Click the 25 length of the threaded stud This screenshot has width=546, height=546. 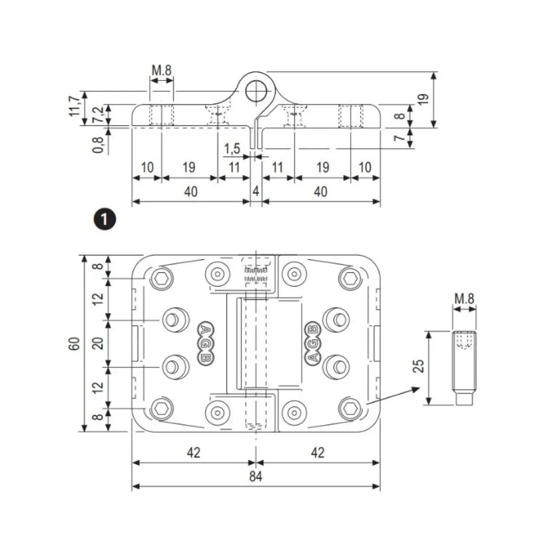point(419,366)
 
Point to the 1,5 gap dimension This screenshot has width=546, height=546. point(232,148)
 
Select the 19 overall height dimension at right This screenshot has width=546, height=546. point(423,99)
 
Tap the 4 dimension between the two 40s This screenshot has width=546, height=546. point(256,191)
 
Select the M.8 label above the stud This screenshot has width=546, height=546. point(464,299)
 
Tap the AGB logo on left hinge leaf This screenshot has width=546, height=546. point(204,343)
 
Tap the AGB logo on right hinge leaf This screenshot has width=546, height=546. point(312,343)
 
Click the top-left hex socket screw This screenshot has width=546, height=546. point(162,278)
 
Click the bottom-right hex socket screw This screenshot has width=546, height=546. point(350,409)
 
